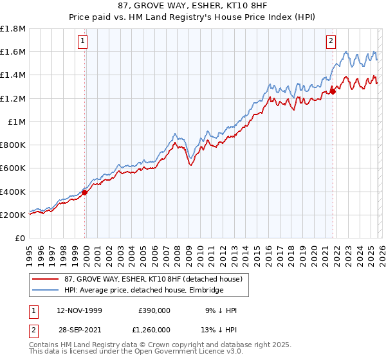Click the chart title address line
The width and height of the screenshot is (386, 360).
192,6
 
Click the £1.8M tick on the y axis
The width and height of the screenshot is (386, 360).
13,29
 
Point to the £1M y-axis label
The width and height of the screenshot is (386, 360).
17,122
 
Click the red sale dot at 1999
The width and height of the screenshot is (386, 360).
85,192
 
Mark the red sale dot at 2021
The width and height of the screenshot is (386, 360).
333,91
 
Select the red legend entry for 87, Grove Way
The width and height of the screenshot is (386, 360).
152,279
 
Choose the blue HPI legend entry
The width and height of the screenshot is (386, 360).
143,291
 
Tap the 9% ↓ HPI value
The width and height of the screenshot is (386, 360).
221,310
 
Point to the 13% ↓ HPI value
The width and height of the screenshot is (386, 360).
219,328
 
